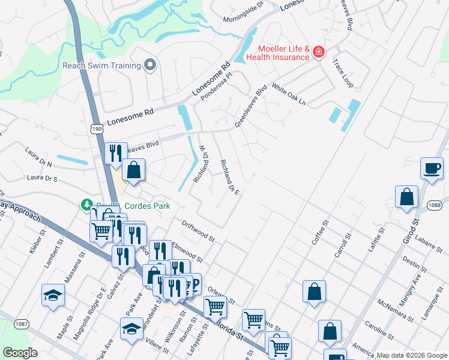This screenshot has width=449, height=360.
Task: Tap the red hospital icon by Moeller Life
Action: click(318, 53)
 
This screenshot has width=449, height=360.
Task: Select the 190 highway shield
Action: click(97, 128)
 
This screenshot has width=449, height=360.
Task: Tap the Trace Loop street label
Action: click(344, 71)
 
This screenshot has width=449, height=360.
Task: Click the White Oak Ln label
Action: click(289, 94)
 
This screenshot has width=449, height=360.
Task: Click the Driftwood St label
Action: click(198, 230)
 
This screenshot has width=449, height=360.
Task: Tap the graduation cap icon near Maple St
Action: click(53, 295)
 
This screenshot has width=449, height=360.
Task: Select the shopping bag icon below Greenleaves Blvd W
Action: click(134, 170)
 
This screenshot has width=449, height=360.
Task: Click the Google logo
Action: click(20, 353)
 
